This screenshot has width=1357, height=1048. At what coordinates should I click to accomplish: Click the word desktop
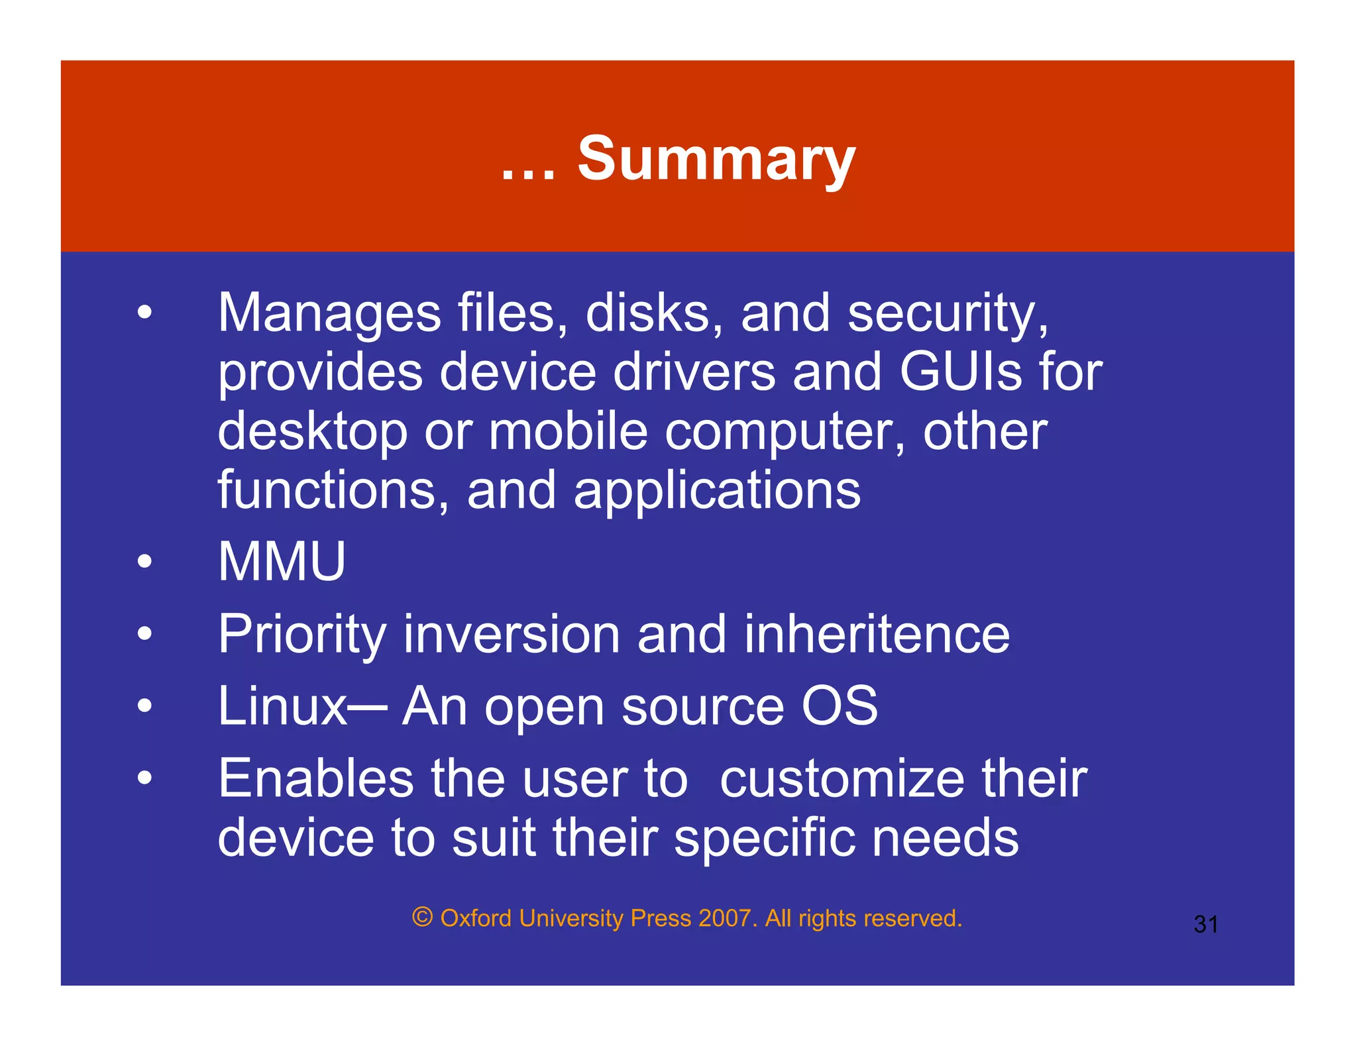pos(312,432)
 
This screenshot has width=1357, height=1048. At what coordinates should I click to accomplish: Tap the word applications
pos(717,492)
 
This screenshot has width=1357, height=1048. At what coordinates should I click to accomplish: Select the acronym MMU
pos(282,562)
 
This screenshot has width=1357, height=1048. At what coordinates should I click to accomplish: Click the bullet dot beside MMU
pos(144,562)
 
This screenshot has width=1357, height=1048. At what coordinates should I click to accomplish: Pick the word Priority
pos(302,635)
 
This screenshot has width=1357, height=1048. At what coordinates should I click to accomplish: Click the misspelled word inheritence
pos(877,635)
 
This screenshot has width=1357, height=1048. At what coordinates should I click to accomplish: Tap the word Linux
pos(282,706)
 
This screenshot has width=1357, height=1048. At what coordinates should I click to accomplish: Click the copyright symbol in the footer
pos(422,917)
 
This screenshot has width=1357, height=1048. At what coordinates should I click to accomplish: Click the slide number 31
pos(1205,924)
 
